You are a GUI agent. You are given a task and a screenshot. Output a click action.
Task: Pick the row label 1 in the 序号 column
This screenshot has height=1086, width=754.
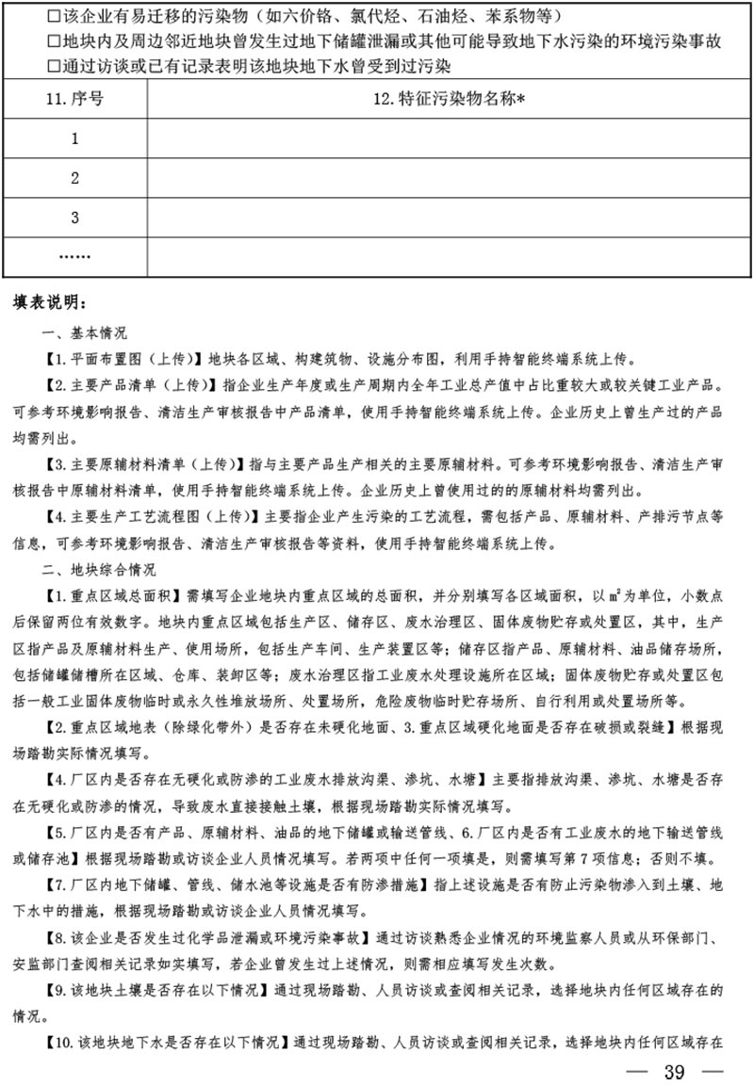coord(74,139)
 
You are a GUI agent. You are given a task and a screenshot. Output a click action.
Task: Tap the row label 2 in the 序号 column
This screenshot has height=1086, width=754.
coord(74,179)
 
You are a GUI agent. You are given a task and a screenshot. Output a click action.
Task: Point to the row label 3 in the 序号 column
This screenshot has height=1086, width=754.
coord(74,218)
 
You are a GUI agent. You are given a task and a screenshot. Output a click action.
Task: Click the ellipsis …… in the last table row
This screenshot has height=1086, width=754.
coord(74,256)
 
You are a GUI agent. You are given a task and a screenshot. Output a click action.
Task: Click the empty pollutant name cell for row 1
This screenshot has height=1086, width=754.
coord(447,139)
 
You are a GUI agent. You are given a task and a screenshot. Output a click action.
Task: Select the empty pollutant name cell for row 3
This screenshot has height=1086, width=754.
coord(447,218)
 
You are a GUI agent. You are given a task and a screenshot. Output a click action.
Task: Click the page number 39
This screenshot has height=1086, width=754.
coord(675,1070)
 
